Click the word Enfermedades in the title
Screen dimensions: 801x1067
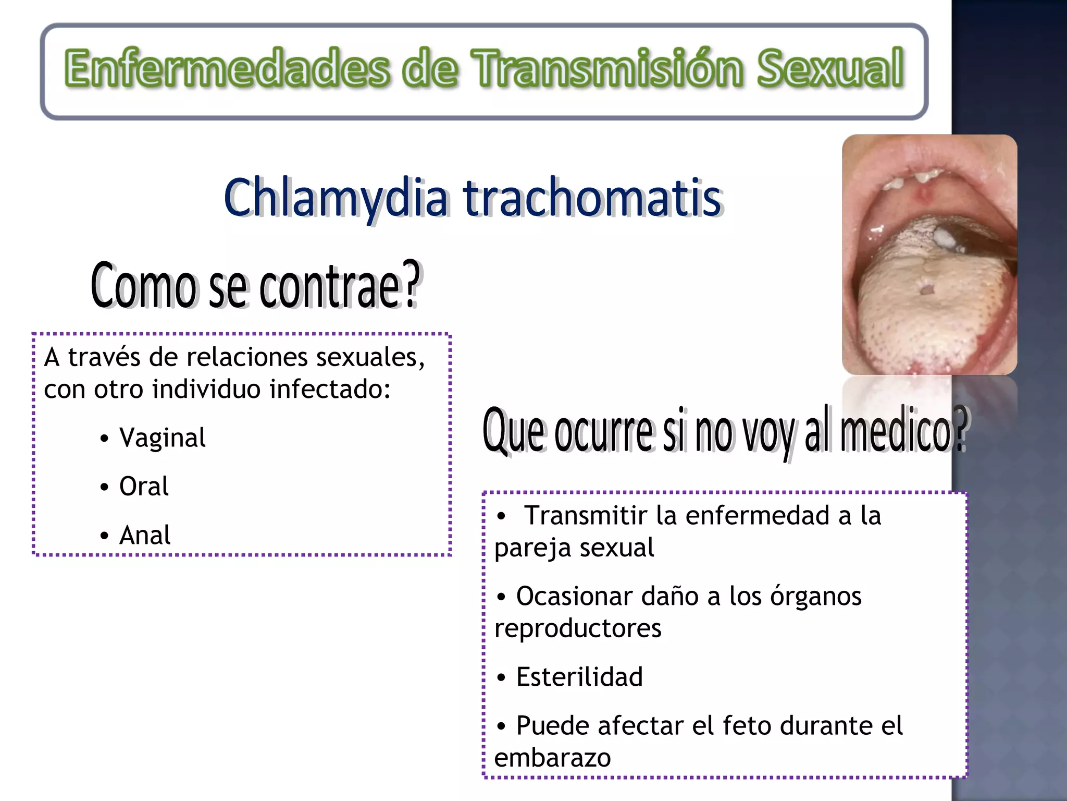tap(227, 68)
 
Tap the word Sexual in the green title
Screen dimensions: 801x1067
tap(830, 68)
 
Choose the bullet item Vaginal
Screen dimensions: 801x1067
tap(162, 438)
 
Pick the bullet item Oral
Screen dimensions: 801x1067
tap(144, 486)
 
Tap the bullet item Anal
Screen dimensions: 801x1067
tap(145, 535)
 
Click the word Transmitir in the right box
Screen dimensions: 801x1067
tap(586, 515)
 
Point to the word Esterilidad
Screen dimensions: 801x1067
tap(579, 677)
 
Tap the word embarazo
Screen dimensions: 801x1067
tap(552, 757)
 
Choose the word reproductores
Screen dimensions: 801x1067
tap(577, 628)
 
